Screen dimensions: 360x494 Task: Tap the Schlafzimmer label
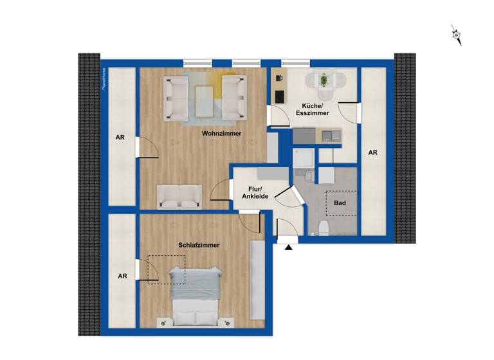[x=199, y=245]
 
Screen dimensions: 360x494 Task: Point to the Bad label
[x=340, y=203]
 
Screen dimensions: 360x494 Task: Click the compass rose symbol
[x=457, y=35]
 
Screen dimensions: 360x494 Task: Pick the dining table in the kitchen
[x=324, y=81]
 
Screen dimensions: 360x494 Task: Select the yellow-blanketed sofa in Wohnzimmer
[x=234, y=98]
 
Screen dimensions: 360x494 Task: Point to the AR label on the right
[x=372, y=153]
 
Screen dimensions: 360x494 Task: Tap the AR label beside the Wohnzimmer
[x=120, y=138]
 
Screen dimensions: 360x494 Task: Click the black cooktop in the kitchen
[x=280, y=96]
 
